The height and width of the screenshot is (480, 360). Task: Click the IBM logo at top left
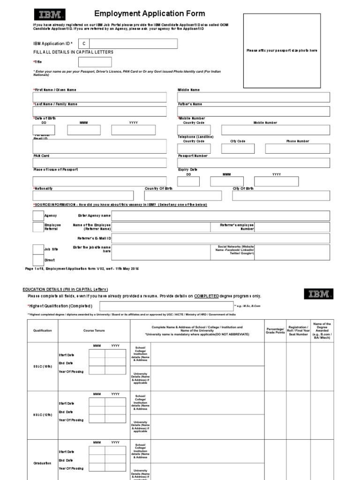point(49,14)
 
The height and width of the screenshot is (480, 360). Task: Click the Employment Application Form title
point(143,14)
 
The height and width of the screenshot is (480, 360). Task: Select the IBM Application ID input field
point(134,44)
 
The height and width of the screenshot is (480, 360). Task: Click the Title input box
point(95,62)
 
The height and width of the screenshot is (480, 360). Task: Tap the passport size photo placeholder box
point(282,51)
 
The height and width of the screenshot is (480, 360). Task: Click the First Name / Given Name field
point(99,97)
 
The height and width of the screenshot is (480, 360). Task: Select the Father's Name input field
point(254,112)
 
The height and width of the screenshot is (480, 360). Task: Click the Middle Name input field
point(254,97)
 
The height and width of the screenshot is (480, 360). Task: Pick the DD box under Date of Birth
point(44,130)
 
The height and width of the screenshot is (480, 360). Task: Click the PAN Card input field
point(99,163)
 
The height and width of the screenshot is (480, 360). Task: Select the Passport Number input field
point(254,163)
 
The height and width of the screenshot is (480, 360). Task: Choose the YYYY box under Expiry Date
point(276,181)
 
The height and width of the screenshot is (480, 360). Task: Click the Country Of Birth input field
point(183,196)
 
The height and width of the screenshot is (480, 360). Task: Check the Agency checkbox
point(38,216)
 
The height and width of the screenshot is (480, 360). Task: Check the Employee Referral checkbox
point(38,227)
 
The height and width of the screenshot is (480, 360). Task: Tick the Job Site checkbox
point(38,249)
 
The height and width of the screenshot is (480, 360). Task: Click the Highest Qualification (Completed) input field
point(166,306)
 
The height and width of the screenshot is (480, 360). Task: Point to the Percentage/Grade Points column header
point(275,330)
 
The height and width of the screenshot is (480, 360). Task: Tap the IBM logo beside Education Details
point(319,294)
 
